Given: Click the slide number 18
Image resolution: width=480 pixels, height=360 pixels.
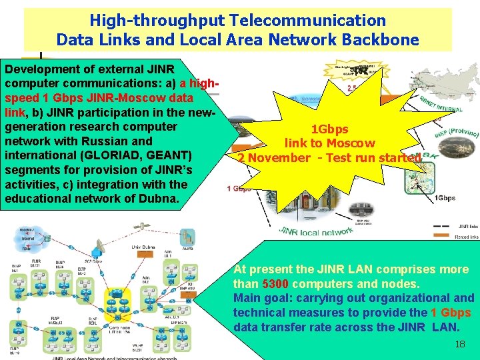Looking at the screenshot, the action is click(x=459, y=344).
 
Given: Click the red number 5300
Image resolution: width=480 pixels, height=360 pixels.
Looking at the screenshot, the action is click(x=277, y=284).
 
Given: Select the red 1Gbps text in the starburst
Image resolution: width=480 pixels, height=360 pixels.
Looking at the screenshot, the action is click(x=330, y=129).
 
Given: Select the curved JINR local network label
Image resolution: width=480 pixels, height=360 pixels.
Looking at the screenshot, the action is click(x=318, y=231).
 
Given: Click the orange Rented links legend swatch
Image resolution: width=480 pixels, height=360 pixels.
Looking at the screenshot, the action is click(x=441, y=236).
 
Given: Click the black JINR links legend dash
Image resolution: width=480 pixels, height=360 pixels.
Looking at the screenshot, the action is click(x=441, y=227).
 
